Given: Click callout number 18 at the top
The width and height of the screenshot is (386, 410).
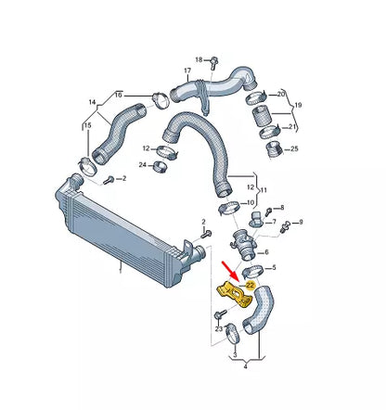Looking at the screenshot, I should [198, 58].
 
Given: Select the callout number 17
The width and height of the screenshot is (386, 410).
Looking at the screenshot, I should [187, 71].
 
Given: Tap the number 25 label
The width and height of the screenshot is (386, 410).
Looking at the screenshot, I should [295, 148].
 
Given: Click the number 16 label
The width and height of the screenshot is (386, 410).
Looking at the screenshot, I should [118, 95].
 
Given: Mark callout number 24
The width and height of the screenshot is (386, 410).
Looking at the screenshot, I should [143, 166].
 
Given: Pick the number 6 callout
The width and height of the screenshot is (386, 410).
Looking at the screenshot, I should [267, 251].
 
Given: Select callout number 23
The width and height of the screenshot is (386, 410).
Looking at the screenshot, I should [218, 328].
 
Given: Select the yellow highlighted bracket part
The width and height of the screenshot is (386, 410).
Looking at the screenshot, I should [235, 294].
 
